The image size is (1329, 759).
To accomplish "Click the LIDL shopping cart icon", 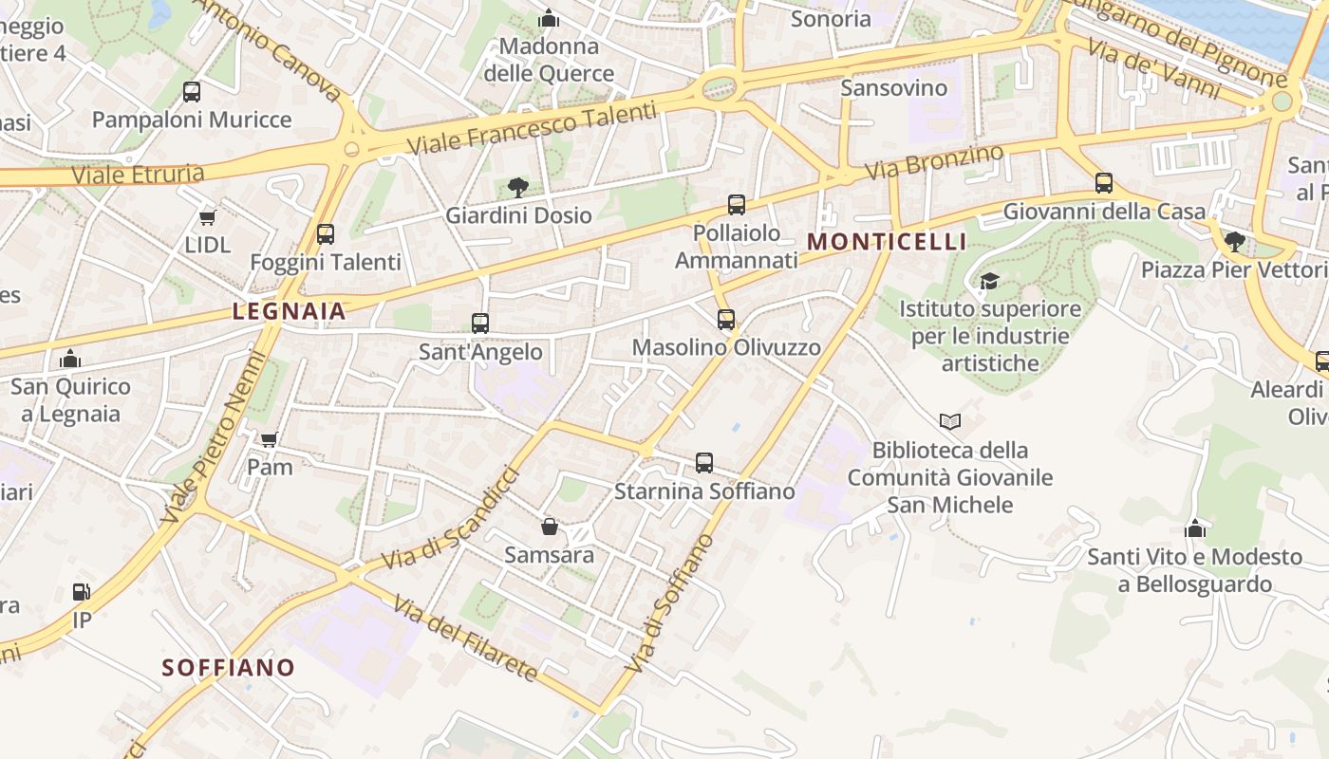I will click(x=208, y=217).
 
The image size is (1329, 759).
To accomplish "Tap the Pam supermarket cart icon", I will click(x=270, y=439).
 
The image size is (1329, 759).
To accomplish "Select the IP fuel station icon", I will click(x=83, y=592).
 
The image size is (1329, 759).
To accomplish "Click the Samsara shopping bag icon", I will click(x=550, y=527).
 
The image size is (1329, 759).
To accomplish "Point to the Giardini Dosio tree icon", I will click(x=518, y=187).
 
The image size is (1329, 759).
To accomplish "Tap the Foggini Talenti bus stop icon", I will click(x=326, y=233).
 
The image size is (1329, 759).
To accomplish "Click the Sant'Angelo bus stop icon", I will click(x=480, y=324).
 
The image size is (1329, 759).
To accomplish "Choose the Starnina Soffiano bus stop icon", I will click(x=704, y=463).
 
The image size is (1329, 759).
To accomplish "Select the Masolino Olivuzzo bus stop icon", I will click(x=726, y=320).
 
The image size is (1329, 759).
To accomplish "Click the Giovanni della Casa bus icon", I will click(x=1104, y=183).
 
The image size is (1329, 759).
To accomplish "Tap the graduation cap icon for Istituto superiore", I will click(x=989, y=281).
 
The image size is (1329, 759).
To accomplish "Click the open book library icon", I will click(x=950, y=421).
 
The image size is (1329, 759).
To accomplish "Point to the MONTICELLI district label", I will click(x=887, y=242).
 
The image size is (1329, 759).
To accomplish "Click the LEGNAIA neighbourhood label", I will click(x=290, y=310).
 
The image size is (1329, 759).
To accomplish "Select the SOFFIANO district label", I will click(x=229, y=668).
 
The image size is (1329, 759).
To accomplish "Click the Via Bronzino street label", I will click(x=935, y=162).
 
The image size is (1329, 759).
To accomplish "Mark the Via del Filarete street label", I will click(x=465, y=639).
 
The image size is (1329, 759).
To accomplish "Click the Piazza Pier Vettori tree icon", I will click(x=1235, y=241).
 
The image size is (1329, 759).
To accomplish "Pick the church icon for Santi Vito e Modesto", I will click(x=1195, y=528).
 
